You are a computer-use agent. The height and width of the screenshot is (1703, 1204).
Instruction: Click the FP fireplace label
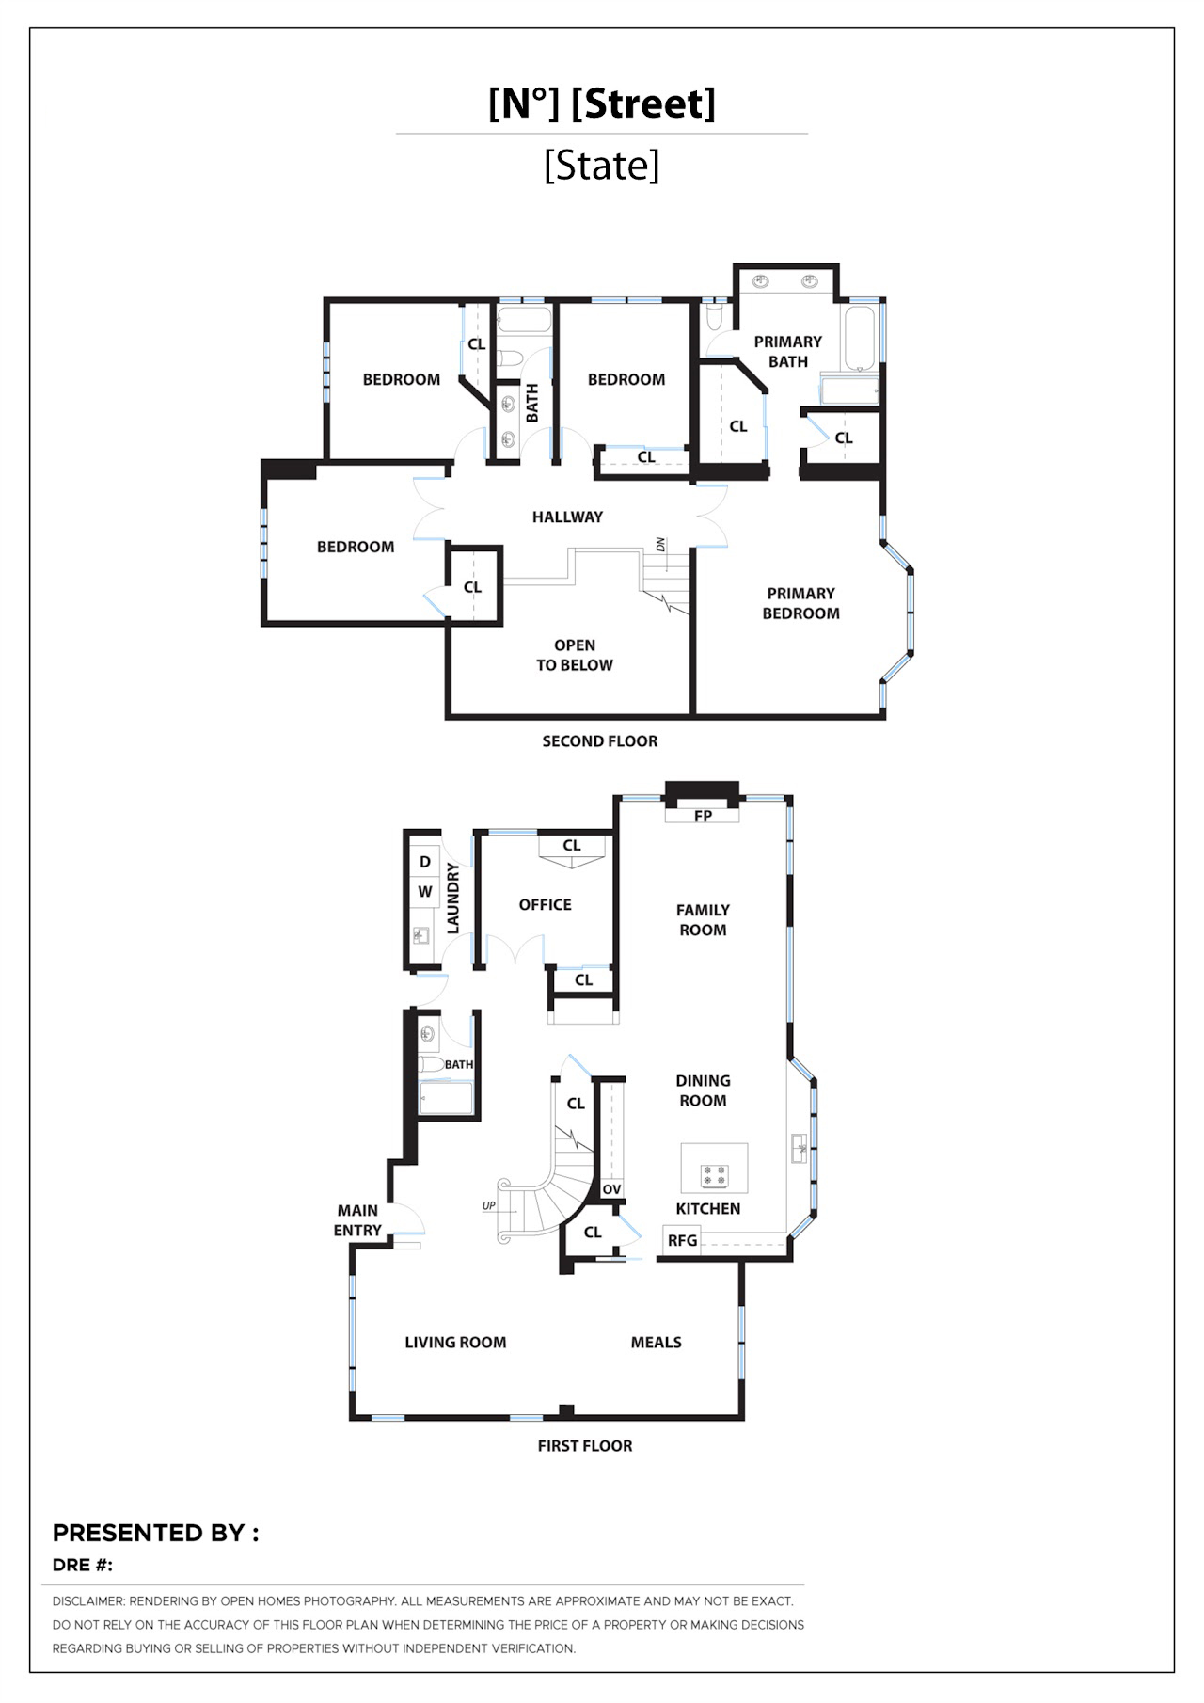[x=703, y=816]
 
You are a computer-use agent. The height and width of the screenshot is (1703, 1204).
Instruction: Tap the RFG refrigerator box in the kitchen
[x=682, y=1240]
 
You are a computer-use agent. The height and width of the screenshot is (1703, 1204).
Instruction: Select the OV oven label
[x=611, y=1189]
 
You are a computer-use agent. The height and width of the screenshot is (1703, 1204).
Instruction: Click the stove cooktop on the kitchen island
[x=714, y=1175]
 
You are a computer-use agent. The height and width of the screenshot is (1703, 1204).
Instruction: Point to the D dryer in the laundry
[x=425, y=862]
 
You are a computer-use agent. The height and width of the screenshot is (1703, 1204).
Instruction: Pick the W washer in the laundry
[x=425, y=891]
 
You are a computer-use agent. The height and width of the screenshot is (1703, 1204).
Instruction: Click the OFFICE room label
[x=546, y=904]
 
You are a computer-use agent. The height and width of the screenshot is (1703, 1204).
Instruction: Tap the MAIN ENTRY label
[x=357, y=1220]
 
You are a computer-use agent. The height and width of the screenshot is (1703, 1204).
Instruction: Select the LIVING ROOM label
[x=455, y=1343]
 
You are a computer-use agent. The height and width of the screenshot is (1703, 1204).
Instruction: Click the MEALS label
[x=657, y=1343]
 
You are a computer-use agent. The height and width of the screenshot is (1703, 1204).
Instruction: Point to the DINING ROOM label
[x=703, y=1090]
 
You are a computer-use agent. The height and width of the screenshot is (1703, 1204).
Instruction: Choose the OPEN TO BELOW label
[x=575, y=655]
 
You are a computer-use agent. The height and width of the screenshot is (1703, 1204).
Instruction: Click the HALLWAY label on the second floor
[x=567, y=517]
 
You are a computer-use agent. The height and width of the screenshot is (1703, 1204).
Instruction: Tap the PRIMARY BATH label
[x=788, y=352]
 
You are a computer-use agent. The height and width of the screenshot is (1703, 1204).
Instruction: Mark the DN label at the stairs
[x=660, y=545]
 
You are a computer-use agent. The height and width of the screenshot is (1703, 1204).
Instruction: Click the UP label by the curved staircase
[x=489, y=1205]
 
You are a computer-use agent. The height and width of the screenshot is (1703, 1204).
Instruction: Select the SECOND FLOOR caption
[x=600, y=741]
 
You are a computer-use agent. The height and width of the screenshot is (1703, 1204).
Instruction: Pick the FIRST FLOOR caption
[x=585, y=1446]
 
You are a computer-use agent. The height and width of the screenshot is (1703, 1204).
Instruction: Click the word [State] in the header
[x=602, y=166]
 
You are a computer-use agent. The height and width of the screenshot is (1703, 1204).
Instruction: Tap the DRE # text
[x=83, y=1565]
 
